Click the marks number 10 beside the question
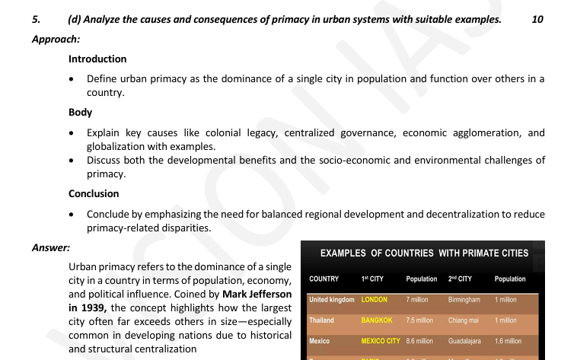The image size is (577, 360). pos(537,20)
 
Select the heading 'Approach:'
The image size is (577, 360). pos(56,38)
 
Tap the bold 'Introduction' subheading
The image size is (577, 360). pos(97,59)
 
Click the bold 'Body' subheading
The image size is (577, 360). pos(80,112)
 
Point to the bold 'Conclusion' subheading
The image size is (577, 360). pos(94,193)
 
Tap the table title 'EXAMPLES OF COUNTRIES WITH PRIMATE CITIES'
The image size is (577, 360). pos(424,253)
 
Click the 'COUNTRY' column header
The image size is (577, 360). pos(324,279)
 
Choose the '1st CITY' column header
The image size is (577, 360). pos(371,279)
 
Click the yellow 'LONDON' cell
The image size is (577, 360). pos(375,300)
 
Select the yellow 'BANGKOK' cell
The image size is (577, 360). pos(377,320)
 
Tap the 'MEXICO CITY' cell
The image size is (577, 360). pos(381,341)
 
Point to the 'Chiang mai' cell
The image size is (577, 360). pos(464,320)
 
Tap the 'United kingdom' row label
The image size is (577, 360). pos(332,300)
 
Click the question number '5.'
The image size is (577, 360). pos(37,20)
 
